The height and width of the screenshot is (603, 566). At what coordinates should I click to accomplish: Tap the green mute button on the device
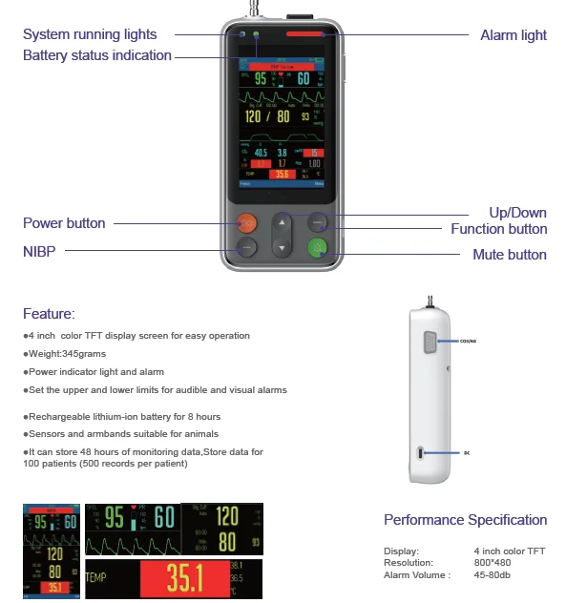(318, 248)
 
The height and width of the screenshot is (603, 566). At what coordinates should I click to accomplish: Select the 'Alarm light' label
(513, 35)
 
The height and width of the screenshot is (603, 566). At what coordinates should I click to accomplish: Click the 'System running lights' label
(90, 35)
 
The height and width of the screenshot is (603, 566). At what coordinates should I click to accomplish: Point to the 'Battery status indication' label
(96, 55)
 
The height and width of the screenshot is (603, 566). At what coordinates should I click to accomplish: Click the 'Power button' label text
(64, 223)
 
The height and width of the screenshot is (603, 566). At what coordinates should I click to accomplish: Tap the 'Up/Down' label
(517, 212)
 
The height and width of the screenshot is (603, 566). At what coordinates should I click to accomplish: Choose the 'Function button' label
(498, 229)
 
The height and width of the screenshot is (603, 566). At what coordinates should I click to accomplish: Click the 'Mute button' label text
(510, 255)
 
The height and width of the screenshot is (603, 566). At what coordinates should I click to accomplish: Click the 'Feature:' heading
(49, 313)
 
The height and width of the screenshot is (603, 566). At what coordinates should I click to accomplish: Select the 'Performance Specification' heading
(465, 520)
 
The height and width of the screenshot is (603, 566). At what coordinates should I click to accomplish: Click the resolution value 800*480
(492, 563)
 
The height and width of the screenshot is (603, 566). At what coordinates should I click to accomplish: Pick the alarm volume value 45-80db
(493, 574)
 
